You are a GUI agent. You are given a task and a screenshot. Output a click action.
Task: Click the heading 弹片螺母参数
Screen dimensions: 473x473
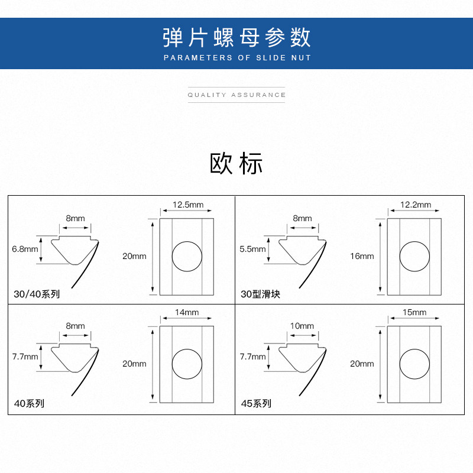point(237,37)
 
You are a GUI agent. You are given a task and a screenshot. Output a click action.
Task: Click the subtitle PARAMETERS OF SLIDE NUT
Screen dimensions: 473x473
point(237,58)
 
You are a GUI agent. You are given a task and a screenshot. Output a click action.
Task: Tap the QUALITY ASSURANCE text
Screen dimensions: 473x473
point(237,95)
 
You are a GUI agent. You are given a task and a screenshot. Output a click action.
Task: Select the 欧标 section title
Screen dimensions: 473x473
point(237,164)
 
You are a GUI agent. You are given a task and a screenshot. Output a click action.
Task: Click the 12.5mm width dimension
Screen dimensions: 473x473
point(187,205)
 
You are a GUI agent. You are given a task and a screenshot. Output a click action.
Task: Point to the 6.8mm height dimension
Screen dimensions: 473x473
point(25,249)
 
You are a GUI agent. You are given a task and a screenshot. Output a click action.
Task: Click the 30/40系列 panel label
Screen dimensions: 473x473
point(37,294)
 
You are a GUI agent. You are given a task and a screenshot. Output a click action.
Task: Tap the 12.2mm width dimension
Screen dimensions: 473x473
point(416,205)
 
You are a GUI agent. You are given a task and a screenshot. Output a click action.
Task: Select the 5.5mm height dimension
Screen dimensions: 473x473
point(252,249)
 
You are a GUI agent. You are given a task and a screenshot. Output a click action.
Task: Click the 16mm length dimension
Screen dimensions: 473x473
point(362,256)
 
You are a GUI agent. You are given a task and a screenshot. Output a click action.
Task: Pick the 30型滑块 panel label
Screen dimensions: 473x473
point(260,294)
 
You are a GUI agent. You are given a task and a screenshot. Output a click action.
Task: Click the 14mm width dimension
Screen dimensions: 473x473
point(187,312)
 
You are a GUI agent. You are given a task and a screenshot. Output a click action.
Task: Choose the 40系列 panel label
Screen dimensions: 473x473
point(29,404)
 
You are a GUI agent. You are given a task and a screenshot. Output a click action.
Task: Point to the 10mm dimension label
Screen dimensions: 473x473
point(302,326)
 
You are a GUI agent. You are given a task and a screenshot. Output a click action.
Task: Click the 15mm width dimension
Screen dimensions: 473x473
point(414,312)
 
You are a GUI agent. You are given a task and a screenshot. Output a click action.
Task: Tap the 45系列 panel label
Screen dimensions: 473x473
point(256,404)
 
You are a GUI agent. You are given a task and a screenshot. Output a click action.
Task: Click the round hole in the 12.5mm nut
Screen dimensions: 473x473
point(187,257)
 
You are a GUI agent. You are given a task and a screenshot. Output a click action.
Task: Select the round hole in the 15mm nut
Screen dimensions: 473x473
point(414,364)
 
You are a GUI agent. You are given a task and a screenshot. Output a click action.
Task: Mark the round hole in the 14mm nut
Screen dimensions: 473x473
point(187,364)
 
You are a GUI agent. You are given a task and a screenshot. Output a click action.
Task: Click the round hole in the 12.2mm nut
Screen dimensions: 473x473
point(414,257)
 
